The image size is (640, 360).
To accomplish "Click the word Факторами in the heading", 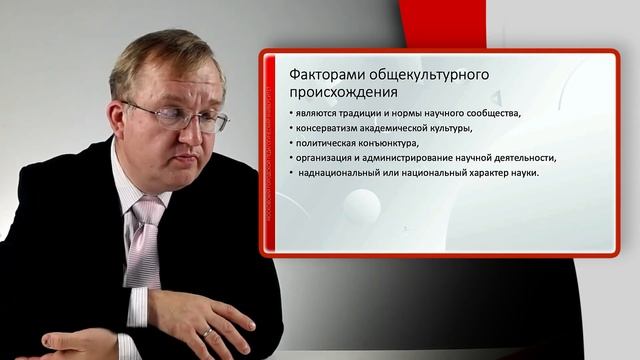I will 320,76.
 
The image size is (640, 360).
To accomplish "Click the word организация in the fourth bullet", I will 329,157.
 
